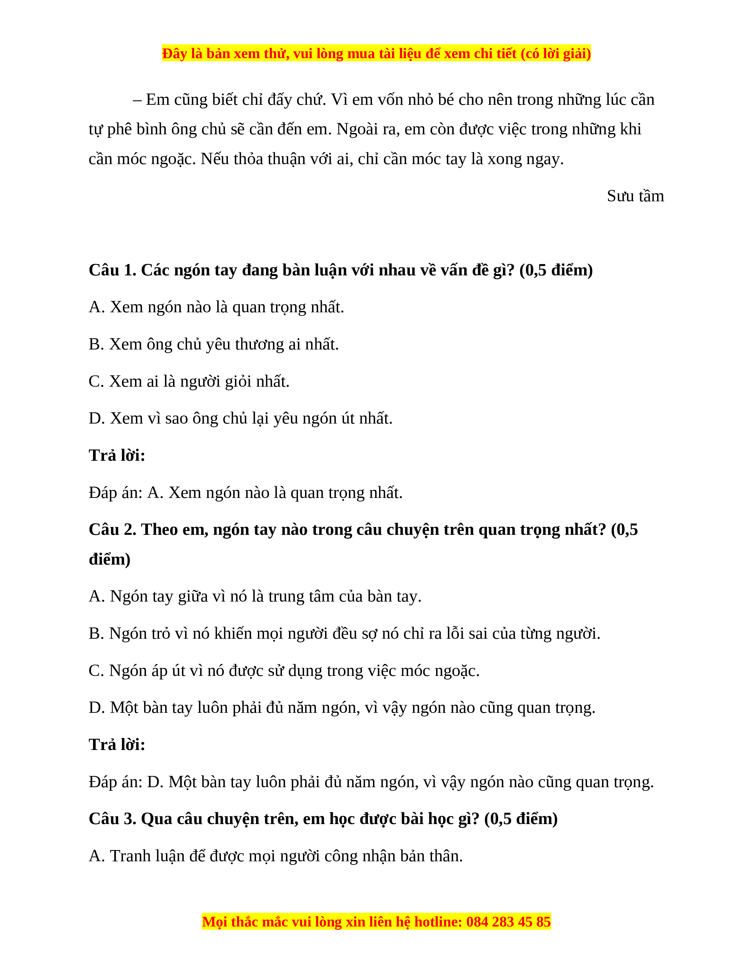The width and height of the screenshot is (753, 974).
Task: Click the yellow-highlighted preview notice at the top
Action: point(376,53)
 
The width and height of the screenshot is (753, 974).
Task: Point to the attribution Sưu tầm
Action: point(635,196)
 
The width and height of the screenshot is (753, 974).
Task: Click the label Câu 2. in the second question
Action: point(113,530)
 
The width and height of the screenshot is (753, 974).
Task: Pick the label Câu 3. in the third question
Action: point(113,819)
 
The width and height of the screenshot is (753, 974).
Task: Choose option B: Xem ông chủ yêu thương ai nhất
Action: point(214,344)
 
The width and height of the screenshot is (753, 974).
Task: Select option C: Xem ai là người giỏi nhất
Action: point(189,381)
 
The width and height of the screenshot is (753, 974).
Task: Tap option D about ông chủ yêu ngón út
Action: point(240,418)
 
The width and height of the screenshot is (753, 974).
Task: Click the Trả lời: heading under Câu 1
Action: point(117,455)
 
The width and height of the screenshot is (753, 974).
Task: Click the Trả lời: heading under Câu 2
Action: point(117,744)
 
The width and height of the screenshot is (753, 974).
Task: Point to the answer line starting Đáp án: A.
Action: point(245,492)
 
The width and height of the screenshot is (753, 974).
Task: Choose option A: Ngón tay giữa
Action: point(255,596)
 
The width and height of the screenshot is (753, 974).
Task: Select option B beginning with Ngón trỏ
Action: point(344,633)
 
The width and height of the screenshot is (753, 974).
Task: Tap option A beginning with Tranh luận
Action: point(276,856)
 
